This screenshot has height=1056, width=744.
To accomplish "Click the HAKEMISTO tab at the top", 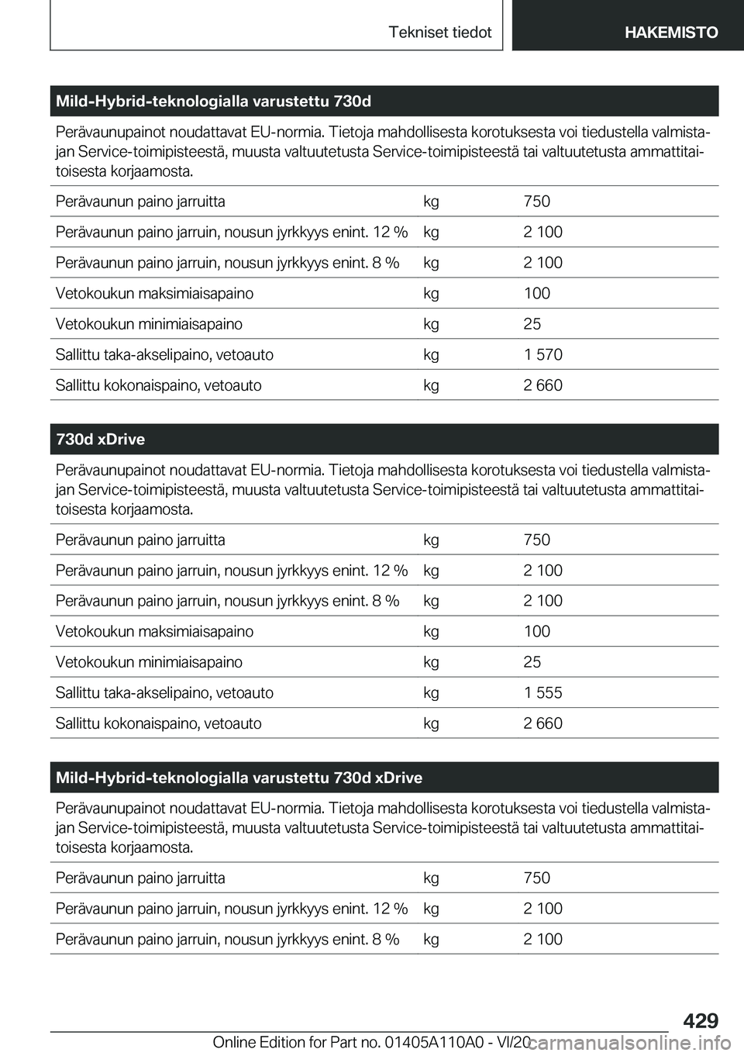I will [670, 33].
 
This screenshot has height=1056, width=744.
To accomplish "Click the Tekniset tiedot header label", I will [440, 33].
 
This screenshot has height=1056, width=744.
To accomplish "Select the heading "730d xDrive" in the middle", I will [101, 440].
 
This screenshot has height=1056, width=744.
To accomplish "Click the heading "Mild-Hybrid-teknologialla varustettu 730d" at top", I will [213, 102].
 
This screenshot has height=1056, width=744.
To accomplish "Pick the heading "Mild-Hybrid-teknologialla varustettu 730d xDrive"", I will [239, 778].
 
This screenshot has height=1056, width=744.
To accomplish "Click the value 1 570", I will [542, 355].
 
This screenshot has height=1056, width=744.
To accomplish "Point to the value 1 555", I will [542, 693].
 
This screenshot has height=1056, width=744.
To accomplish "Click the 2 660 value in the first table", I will [542, 385].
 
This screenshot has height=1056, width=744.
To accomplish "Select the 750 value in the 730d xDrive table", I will [536, 540].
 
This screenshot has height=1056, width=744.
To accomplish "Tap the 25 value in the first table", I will [532, 324].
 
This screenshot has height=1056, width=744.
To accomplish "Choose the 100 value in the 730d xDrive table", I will [536, 632].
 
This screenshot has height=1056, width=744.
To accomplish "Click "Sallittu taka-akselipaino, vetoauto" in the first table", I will [164, 355].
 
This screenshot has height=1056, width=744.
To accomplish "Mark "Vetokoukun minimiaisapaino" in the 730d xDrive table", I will [149, 662].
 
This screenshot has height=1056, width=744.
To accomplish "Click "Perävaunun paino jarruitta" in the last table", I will [140, 878].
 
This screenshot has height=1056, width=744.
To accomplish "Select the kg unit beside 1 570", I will [431, 355].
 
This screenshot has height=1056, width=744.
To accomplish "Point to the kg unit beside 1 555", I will [431, 693].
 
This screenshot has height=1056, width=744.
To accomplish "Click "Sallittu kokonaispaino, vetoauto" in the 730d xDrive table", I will [158, 723].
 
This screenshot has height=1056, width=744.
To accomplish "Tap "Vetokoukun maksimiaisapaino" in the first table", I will [154, 294].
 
